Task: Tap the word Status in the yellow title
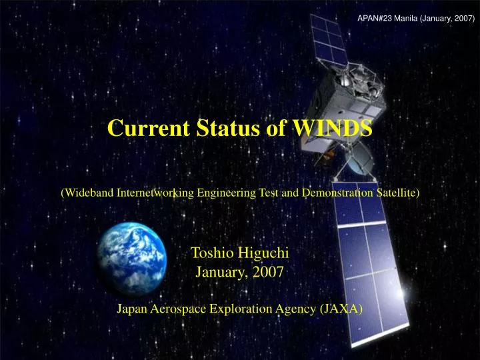point(221,127)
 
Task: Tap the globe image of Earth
point(131,259)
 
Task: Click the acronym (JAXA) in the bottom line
point(341,308)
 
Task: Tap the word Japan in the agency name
point(133,308)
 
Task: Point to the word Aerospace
point(179,308)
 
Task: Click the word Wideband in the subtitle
point(87,193)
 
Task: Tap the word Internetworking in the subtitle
point(154,193)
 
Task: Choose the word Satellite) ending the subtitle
point(398,193)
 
